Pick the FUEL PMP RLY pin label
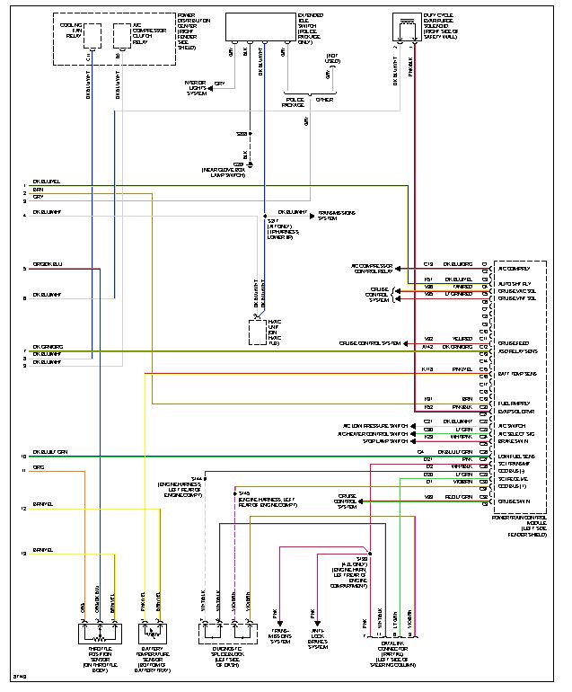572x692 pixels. [515, 403]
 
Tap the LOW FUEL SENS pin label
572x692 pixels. [515, 457]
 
